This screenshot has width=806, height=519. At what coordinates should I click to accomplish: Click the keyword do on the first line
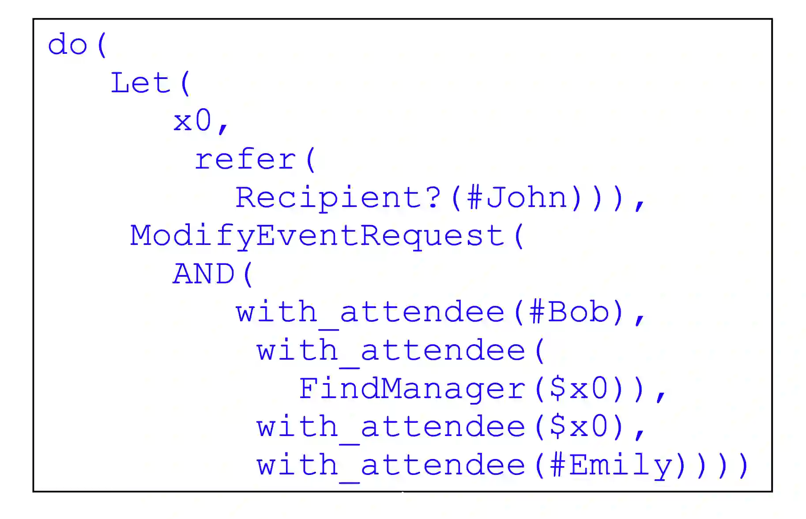[x=67, y=45]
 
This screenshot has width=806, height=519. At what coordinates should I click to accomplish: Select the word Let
[x=140, y=83]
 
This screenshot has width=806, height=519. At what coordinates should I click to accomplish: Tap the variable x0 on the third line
[x=192, y=121]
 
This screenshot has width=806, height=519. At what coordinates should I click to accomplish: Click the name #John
[x=517, y=198]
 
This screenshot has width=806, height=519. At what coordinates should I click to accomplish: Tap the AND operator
[x=203, y=274]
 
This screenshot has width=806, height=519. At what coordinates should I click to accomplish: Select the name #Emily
[x=611, y=466]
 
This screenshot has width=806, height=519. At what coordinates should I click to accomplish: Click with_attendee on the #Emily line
[x=391, y=466]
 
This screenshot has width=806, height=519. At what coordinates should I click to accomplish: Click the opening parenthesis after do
[x=102, y=45]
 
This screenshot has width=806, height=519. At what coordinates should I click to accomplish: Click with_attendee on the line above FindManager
[x=391, y=351]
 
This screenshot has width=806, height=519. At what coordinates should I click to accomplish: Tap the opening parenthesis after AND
[x=248, y=274]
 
